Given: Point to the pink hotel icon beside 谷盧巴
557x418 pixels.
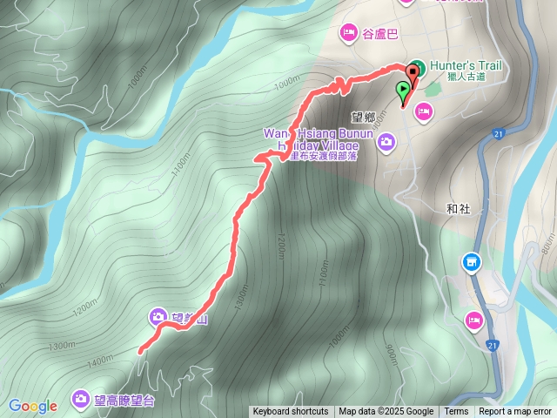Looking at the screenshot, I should tap(347, 33).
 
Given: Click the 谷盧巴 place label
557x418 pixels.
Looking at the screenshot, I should tap(380, 34).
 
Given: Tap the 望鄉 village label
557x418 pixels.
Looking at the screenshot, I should tap(363, 115).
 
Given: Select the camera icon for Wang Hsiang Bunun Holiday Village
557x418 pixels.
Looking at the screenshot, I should tap(386, 140).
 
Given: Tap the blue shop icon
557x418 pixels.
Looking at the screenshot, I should tap(471, 261).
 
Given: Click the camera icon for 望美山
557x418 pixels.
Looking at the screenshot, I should tap(158, 315).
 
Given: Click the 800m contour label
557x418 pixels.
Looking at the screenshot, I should tap(547, 248).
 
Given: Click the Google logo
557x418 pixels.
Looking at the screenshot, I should tap(33, 406).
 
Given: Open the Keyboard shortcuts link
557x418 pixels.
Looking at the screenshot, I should tap(291, 412).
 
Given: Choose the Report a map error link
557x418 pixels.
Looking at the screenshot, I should tap(516, 412).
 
